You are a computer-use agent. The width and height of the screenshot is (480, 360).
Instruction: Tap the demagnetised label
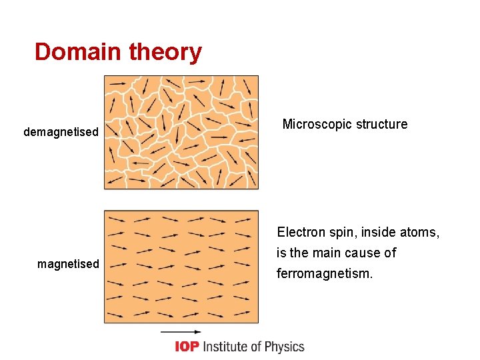tap(61, 132)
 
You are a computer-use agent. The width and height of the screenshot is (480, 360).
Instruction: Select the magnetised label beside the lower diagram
tap(68, 264)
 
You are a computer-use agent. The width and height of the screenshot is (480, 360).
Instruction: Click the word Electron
tap(301, 233)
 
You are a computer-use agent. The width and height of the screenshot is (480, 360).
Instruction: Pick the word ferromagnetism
tap(325, 273)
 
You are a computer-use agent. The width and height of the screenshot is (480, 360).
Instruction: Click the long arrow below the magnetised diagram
tap(181, 331)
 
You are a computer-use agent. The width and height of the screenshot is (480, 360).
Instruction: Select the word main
tap(328, 253)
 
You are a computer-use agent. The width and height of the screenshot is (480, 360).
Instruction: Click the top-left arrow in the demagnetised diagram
tap(117, 83)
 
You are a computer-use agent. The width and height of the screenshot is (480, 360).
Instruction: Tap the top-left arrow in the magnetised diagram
tap(117, 219)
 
